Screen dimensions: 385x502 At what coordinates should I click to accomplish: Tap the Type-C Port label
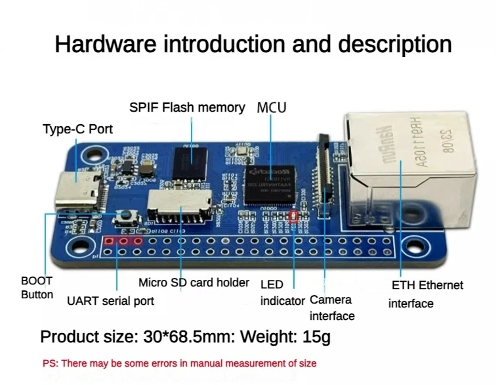pos(77,129)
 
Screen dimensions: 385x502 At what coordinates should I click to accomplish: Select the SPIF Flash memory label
pos(187,108)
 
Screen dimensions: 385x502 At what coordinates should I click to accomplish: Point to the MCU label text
pos(272,107)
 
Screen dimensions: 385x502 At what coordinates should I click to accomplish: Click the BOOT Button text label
pos(37,288)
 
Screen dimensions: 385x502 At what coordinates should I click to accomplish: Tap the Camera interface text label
pos(331,307)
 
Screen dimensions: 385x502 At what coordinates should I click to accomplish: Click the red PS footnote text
pos(179,363)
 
